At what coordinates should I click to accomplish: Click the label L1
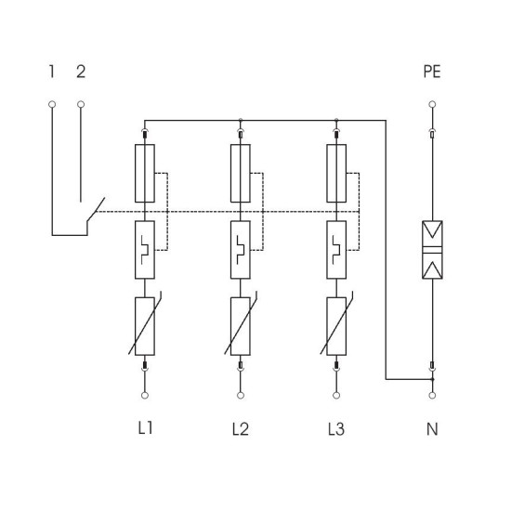pos(145,428)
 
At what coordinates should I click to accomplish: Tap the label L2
pos(241,429)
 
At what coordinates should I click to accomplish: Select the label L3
pos(336,429)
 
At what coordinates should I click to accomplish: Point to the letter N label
pos(432,429)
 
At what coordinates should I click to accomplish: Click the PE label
pos(432,72)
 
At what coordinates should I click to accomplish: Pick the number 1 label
pos(51,72)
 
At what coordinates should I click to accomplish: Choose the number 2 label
pos(81,72)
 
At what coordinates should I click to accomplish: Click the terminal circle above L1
pos(145,395)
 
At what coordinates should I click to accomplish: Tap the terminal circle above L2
pos(241,395)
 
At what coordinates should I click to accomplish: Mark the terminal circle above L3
pos(336,395)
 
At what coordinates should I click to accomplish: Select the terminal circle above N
pos(432,395)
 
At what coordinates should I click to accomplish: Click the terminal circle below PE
pos(432,104)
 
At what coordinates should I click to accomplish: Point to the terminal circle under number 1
pos(52,104)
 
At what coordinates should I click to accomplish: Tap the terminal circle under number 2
pos(81,104)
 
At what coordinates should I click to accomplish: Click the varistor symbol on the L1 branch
pos(145,326)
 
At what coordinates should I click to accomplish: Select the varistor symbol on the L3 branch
pos(336,326)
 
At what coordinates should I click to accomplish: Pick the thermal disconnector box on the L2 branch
pos(241,250)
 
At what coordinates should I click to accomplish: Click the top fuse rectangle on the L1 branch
pos(145,174)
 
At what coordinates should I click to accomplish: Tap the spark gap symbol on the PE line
pos(432,250)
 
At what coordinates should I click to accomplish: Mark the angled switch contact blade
pos(96,210)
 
